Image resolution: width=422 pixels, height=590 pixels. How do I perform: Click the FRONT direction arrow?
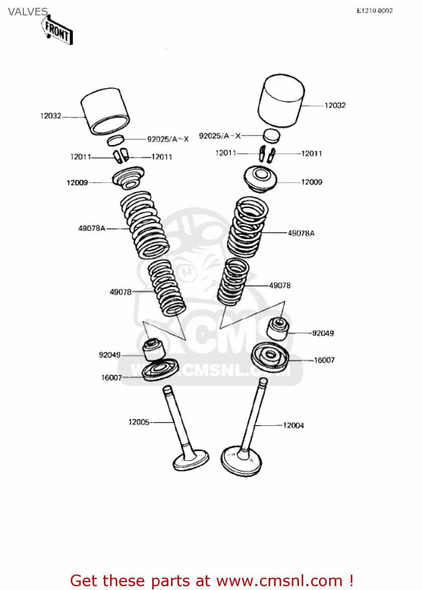(x=57, y=31)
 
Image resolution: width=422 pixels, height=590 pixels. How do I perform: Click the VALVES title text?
(x=28, y=12)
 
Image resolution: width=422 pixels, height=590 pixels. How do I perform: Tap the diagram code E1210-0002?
(x=374, y=11)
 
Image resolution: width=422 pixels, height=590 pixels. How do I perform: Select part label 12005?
(x=139, y=422)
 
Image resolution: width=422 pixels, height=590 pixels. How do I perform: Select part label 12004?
(x=293, y=425)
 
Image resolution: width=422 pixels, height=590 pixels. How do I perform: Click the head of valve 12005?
(x=191, y=460)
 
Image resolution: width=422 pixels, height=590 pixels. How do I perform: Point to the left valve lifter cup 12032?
(x=105, y=111)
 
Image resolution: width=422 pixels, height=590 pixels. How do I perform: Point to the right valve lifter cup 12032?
(x=281, y=101)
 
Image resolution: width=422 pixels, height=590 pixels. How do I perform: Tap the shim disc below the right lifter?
(x=271, y=135)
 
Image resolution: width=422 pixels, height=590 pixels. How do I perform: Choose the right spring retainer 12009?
(x=260, y=179)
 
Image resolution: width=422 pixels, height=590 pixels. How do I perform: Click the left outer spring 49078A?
(x=144, y=224)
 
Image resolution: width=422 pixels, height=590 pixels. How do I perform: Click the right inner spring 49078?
(x=233, y=281)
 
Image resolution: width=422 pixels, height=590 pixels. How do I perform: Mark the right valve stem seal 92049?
(x=278, y=329)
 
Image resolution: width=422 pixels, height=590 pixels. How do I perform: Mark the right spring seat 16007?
(x=270, y=356)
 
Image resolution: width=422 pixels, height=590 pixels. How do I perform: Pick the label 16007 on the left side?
(x=112, y=378)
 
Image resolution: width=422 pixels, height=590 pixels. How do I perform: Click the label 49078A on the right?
(x=301, y=233)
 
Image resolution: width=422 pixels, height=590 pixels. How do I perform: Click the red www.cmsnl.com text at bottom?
(x=279, y=581)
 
